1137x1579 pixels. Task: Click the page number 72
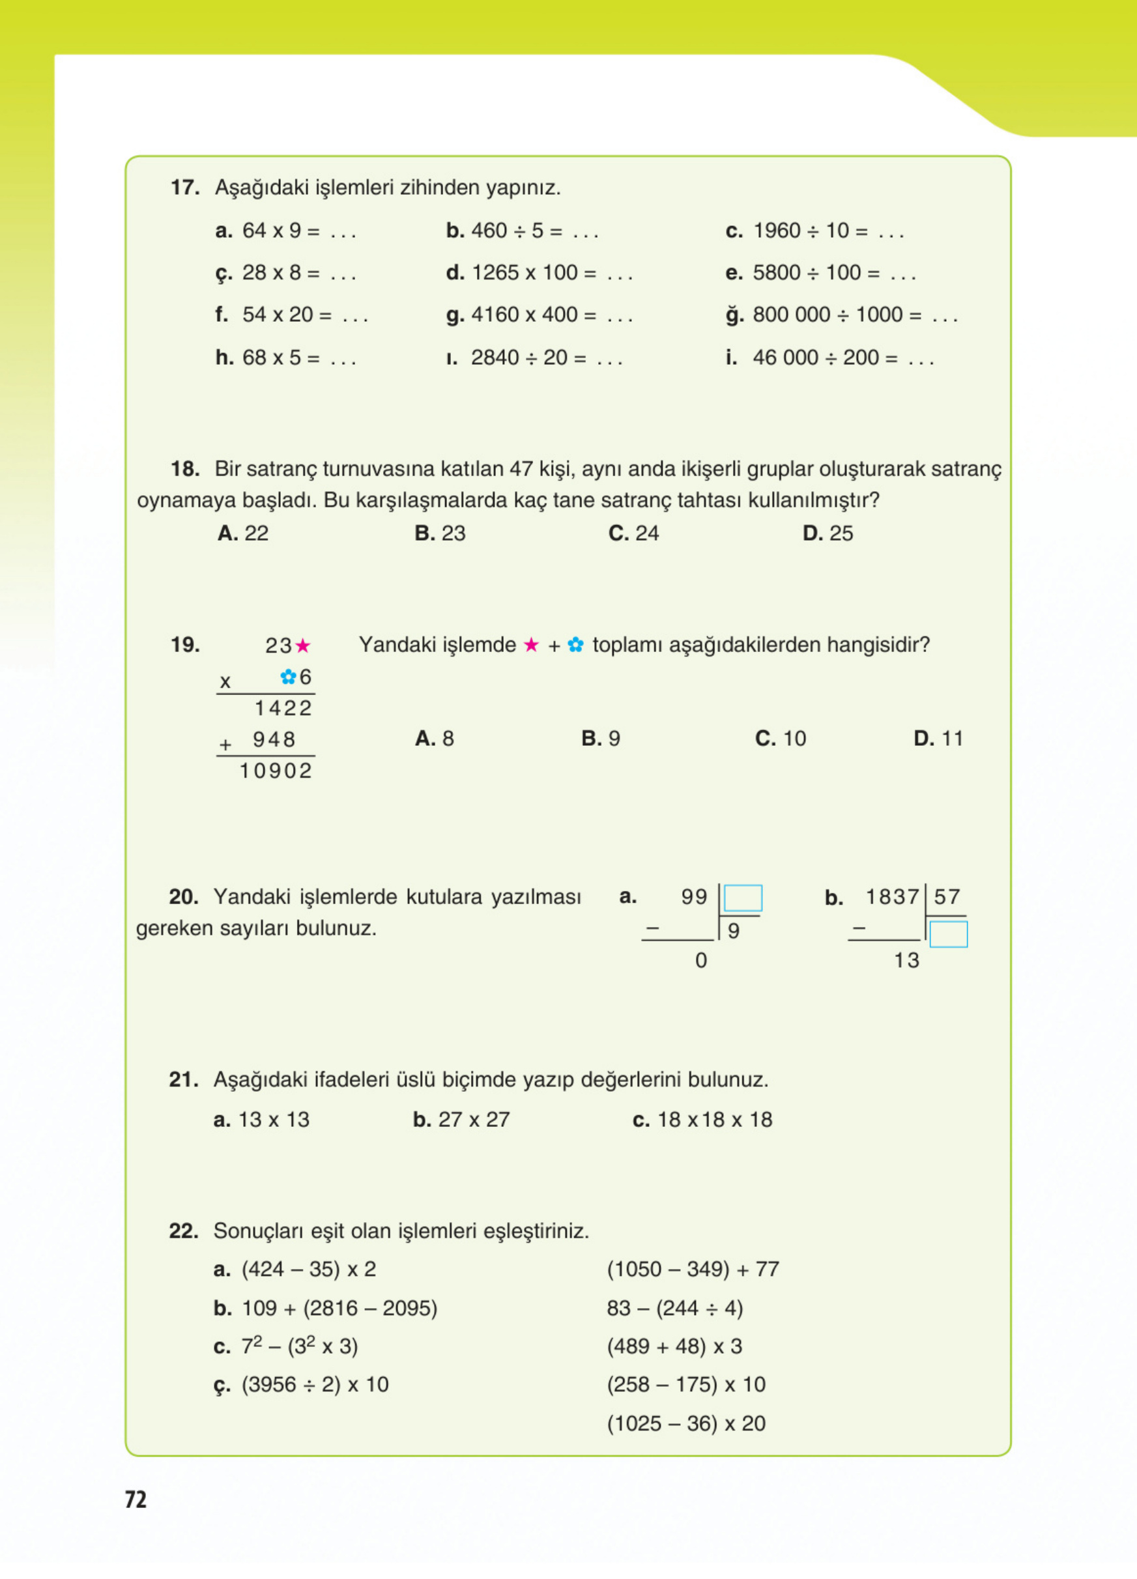point(136,1499)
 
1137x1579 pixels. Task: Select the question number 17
point(184,188)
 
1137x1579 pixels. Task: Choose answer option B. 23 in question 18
point(440,533)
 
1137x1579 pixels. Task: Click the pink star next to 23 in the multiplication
point(303,646)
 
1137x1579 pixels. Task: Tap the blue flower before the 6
point(287,676)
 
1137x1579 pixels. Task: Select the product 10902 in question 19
point(276,771)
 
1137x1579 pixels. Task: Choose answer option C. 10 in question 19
point(781,738)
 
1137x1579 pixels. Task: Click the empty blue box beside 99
point(742,898)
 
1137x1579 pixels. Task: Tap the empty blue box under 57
point(948,934)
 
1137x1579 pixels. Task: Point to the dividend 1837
point(892,897)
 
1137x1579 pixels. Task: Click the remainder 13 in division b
point(906,961)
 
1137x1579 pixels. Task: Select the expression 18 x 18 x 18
point(714,1120)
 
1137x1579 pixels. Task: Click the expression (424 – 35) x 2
point(308,1269)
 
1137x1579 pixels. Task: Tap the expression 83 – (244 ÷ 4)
point(674,1308)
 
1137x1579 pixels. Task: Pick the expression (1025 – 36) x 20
point(686,1423)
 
